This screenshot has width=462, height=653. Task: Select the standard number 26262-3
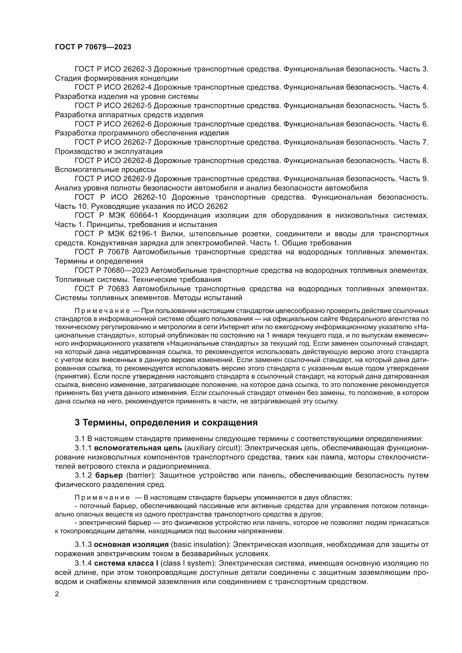(138, 69)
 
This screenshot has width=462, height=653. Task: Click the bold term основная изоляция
(131, 545)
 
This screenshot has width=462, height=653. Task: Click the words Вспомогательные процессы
(106, 170)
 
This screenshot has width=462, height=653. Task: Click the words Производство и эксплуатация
(109, 151)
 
